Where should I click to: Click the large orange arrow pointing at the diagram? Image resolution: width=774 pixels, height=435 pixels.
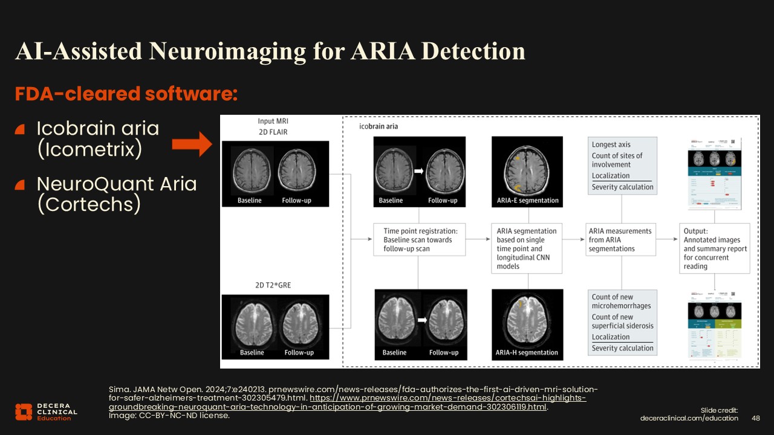click(x=190, y=145)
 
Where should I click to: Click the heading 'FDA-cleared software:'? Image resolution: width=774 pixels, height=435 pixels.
click(x=126, y=94)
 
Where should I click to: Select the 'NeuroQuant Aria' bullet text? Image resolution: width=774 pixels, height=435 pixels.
click(x=117, y=183)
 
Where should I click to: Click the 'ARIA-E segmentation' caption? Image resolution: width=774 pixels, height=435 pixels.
click(x=527, y=201)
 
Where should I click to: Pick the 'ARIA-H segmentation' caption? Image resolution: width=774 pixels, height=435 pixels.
click(x=527, y=353)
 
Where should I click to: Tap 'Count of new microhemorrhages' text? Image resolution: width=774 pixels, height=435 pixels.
click(x=622, y=301)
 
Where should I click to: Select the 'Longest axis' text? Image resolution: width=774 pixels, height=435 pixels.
click(x=611, y=144)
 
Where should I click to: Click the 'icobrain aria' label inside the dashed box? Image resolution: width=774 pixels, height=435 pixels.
click(x=379, y=127)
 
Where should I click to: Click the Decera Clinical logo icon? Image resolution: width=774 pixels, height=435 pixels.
click(x=23, y=411)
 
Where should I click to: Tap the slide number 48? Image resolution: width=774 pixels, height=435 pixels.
click(x=756, y=418)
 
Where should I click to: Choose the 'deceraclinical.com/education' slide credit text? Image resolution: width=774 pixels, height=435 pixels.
click(x=689, y=418)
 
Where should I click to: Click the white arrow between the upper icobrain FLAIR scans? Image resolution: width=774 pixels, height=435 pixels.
click(x=418, y=172)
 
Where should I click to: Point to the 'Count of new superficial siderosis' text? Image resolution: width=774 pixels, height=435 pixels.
click(x=622, y=321)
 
